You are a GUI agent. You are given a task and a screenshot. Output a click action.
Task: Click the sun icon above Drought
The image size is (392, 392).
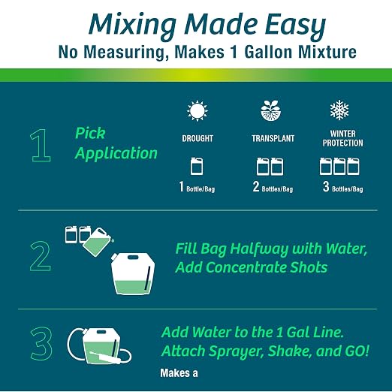point(198,111)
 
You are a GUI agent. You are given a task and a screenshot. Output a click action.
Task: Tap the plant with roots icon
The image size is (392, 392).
point(271,110)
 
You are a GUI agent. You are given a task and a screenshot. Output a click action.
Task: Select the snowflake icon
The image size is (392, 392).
point(339,110)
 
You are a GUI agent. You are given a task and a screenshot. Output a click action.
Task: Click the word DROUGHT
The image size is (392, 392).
point(198,138)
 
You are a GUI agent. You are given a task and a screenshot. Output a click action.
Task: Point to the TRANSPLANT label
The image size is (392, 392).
point(273,138)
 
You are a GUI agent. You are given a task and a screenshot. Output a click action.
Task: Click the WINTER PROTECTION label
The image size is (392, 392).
point(342,138)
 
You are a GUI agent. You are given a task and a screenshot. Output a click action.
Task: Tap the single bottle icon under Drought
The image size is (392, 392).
point(197,166)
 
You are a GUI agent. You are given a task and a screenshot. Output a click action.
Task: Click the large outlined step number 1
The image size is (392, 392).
point(41,146)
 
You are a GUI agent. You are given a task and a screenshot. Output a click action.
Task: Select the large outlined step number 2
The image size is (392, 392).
point(41,256)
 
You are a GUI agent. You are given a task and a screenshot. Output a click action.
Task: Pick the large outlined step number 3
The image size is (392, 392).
point(41,343)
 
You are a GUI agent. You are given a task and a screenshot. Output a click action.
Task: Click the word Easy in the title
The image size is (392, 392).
point(296,26)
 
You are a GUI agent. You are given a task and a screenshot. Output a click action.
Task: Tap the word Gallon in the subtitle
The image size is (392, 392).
point(268,52)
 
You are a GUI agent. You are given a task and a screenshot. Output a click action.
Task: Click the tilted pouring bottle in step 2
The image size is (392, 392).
point(98,242)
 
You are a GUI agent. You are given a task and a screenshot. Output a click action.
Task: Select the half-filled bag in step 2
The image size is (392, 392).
point(133,274)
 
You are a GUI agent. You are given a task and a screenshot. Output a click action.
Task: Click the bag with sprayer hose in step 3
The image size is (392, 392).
point(99,346)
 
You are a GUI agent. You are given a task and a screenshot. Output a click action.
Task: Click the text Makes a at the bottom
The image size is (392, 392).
point(179,373)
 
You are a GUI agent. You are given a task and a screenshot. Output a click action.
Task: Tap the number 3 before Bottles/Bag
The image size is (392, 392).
point(326,186)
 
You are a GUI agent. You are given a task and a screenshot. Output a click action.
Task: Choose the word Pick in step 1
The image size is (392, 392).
point(90,133)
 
